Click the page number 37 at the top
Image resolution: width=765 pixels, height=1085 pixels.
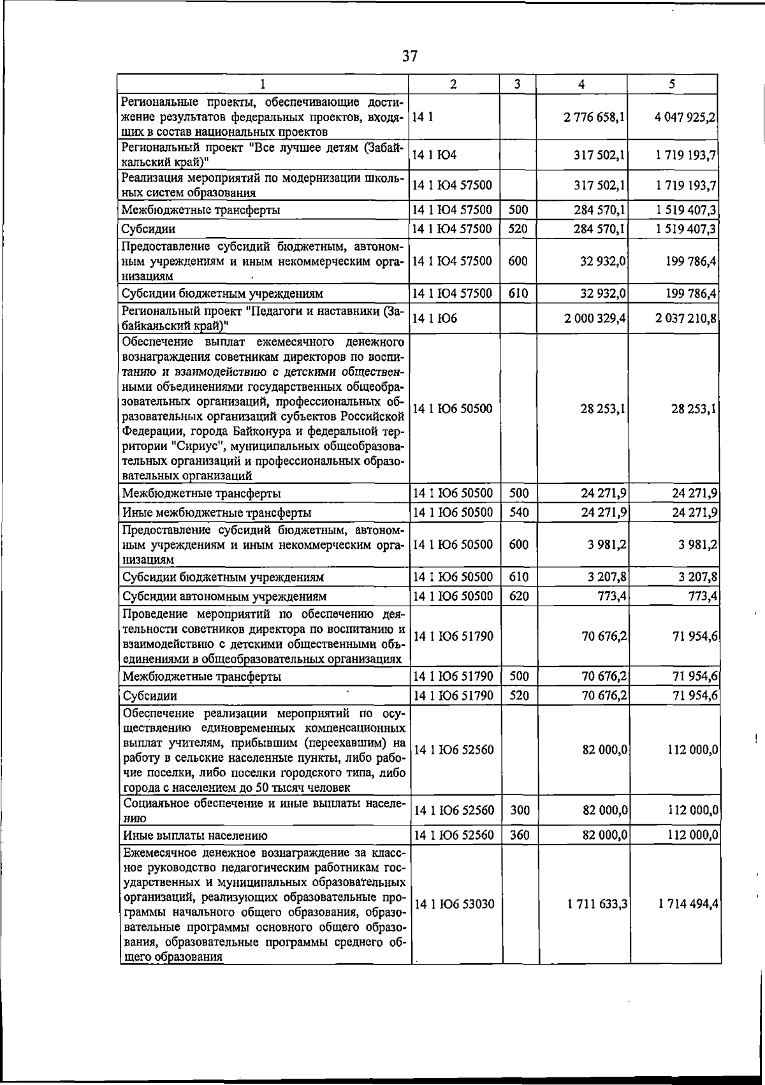pyautogui.click(x=410, y=57)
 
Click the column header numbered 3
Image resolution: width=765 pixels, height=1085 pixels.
pyautogui.click(x=517, y=84)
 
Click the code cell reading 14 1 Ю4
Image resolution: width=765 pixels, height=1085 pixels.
pyautogui.click(x=435, y=155)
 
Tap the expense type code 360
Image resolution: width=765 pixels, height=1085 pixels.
pyautogui.click(x=520, y=834)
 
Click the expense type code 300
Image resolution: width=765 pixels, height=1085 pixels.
pyautogui.click(x=520, y=810)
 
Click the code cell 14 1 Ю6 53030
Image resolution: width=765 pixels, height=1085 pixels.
pyautogui.click(x=454, y=904)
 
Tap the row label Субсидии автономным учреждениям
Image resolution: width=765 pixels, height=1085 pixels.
pyautogui.click(x=224, y=597)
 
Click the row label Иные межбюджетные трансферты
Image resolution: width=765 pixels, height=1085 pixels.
pyautogui.click(x=217, y=513)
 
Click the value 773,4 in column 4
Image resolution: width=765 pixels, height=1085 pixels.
pyautogui.click(x=609, y=596)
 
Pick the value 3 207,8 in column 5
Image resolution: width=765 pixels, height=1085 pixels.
pyautogui.click(x=699, y=577)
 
